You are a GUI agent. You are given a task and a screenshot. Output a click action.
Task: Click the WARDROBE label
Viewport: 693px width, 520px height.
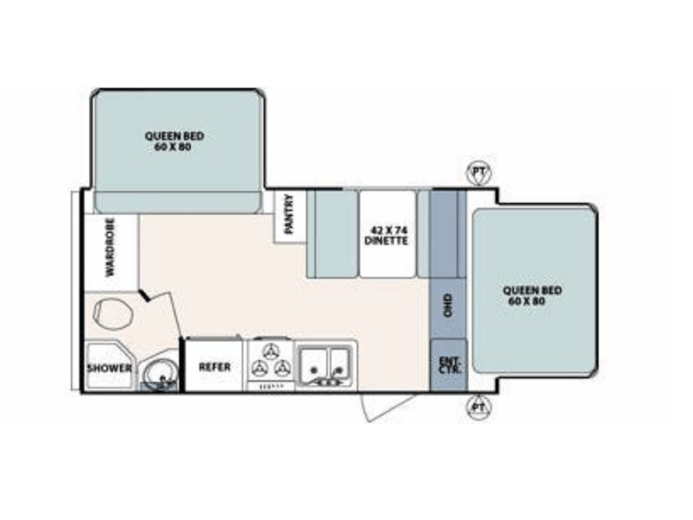(110, 247)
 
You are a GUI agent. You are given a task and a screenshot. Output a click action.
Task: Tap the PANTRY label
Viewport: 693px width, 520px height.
(289, 214)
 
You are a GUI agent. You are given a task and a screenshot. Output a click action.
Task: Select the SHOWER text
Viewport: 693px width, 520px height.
(109, 367)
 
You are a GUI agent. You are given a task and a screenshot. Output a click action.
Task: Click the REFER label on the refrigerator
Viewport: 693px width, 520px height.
(214, 367)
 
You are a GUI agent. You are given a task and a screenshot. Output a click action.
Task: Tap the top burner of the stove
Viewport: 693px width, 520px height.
(269, 352)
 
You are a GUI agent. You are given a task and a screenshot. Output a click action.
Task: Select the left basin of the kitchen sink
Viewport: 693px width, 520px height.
(314, 361)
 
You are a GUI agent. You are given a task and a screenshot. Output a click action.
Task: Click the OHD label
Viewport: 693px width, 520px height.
(448, 305)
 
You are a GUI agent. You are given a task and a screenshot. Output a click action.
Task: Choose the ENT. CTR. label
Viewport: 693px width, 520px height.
(450, 365)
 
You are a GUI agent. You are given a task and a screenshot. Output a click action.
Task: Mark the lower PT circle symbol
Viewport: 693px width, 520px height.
(478, 406)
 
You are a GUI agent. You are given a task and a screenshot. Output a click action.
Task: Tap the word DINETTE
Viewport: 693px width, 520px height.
(385, 241)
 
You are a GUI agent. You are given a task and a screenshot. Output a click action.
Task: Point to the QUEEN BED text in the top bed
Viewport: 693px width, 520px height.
(175, 136)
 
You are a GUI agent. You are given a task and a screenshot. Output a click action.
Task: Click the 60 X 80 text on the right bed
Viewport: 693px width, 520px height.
(527, 302)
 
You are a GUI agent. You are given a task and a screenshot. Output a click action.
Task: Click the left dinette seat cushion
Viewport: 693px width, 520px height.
(336, 234)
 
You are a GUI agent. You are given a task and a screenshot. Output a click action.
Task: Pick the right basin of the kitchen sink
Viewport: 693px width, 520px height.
(340, 361)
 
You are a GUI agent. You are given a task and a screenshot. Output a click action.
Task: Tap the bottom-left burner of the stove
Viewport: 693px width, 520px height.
(259, 367)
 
